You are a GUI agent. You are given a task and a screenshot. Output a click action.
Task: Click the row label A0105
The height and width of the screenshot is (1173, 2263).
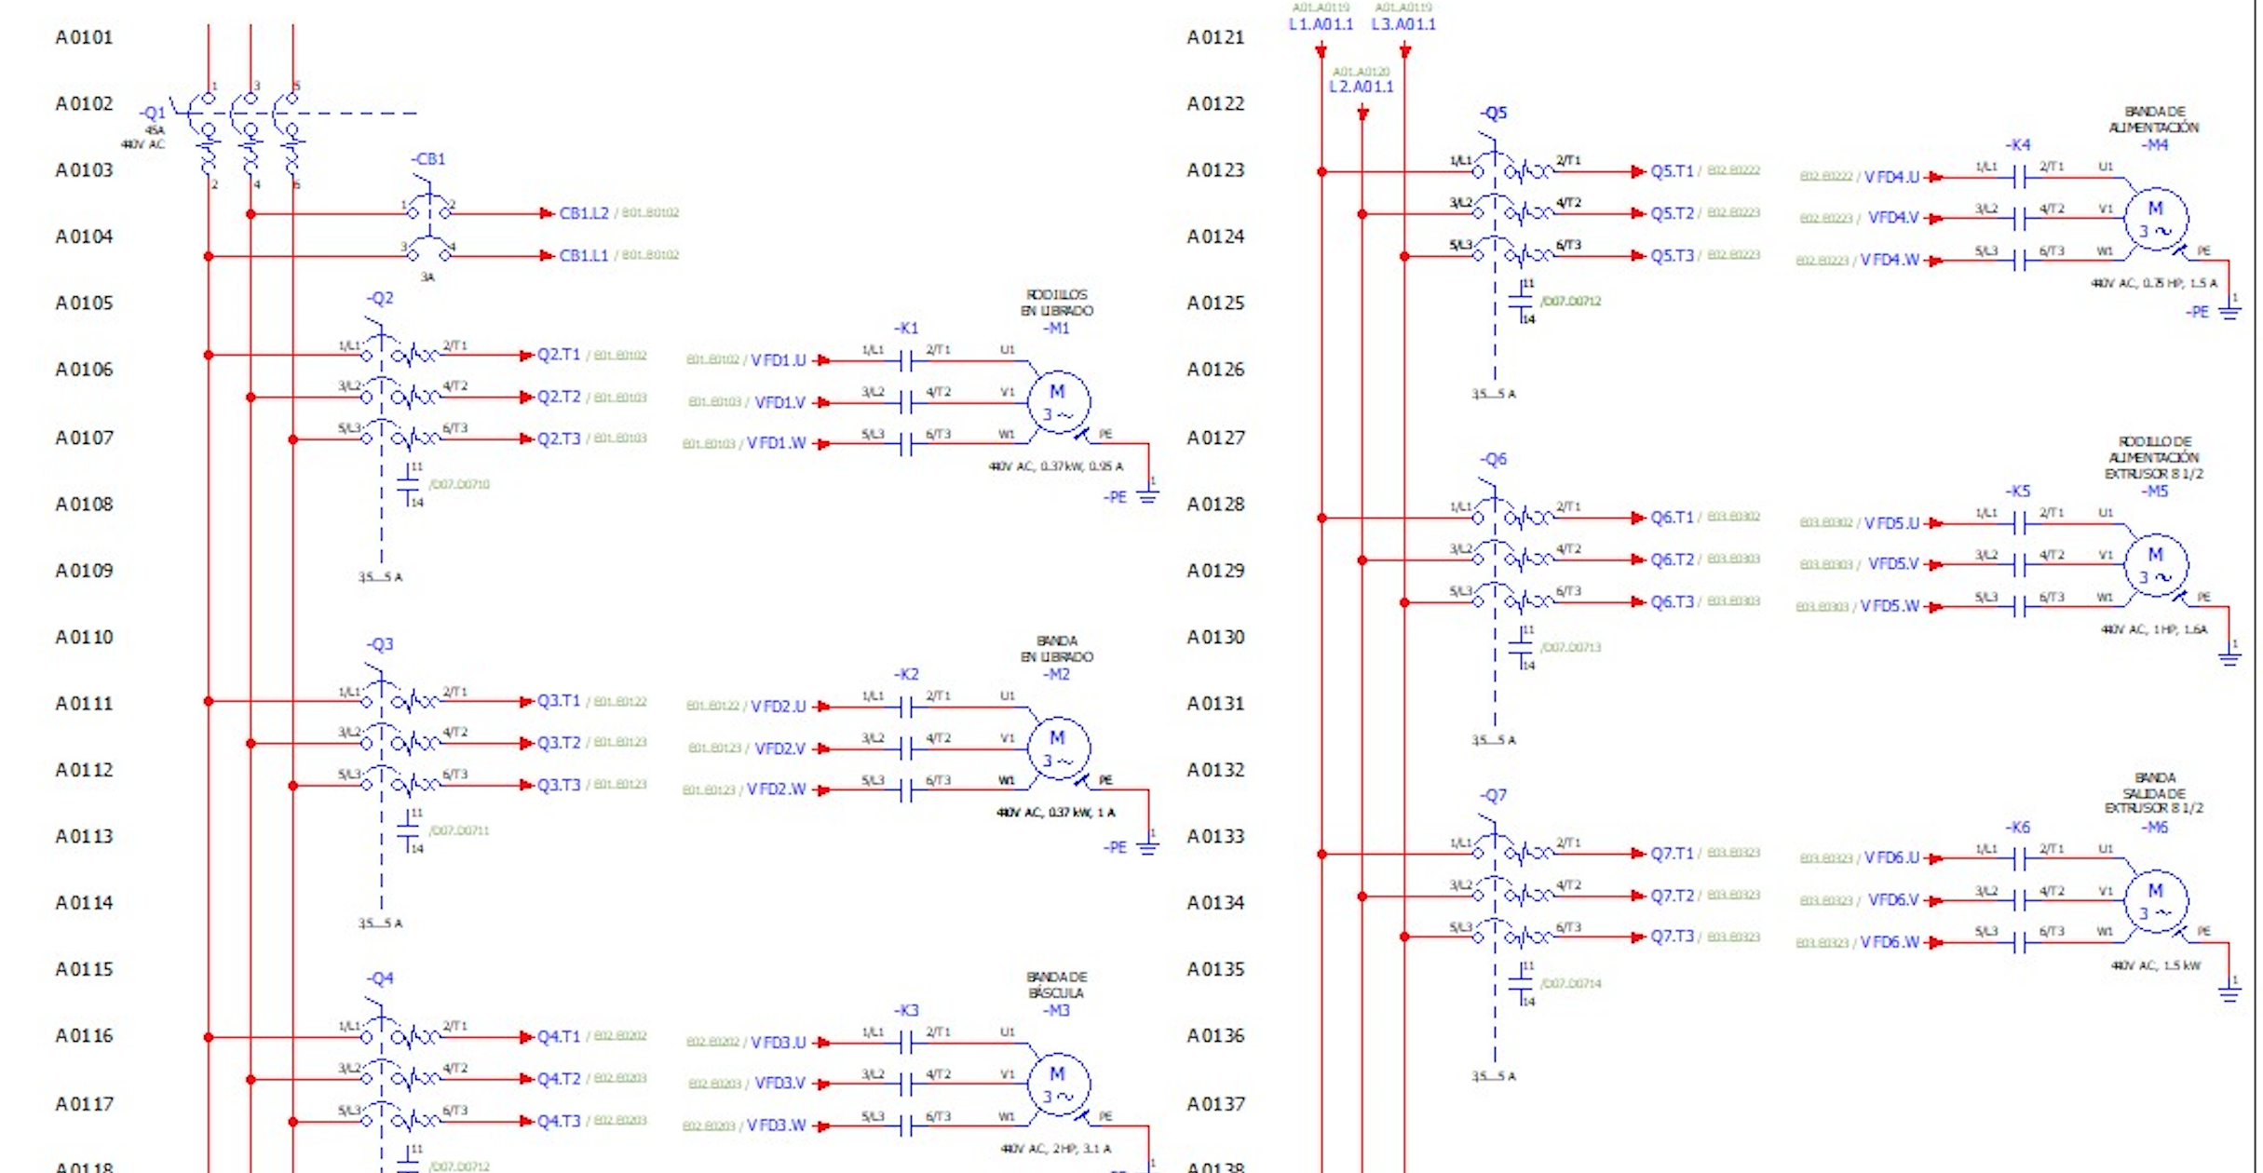click(x=84, y=303)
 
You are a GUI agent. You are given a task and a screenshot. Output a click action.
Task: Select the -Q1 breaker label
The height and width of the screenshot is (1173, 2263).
click(x=153, y=113)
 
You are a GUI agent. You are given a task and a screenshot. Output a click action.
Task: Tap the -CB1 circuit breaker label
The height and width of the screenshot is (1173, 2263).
click(x=428, y=159)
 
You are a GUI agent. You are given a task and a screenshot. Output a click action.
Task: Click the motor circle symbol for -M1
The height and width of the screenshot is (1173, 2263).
click(x=1058, y=402)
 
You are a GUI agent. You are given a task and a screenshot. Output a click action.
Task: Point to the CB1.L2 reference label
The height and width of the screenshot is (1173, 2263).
click(x=584, y=213)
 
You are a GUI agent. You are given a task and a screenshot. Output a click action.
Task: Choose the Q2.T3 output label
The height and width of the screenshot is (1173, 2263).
click(x=559, y=438)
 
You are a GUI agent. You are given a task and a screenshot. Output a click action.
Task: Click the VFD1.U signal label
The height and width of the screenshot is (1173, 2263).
click(x=779, y=360)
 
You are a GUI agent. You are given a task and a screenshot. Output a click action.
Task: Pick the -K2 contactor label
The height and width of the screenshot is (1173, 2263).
click(x=906, y=674)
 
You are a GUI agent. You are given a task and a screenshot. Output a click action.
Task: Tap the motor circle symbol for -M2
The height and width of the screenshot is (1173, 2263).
click(x=1058, y=748)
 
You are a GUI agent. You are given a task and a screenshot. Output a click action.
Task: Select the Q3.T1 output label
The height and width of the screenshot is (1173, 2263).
click(x=559, y=701)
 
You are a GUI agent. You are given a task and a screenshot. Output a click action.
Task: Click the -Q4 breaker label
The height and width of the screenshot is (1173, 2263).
click(x=380, y=978)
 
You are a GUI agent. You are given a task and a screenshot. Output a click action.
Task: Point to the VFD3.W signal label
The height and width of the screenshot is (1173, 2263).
click(x=776, y=1126)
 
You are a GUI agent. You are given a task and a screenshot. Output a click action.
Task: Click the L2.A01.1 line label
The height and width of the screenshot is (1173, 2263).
click(x=1361, y=87)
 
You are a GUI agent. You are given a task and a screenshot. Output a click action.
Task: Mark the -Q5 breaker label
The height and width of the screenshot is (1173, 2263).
click(x=1493, y=114)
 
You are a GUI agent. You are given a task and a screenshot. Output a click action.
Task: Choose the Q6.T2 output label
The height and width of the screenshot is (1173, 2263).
click(x=1673, y=560)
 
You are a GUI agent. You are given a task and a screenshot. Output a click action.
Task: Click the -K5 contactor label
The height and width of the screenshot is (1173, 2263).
click(x=2017, y=492)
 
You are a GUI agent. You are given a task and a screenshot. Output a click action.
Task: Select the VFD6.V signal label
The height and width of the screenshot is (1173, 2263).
click(x=1893, y=900)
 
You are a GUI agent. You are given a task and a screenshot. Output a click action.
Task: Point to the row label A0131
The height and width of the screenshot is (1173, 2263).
click(x=1215, y=704)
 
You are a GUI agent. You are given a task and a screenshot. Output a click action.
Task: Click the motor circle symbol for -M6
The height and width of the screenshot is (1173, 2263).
click(x=2156, y=901)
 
